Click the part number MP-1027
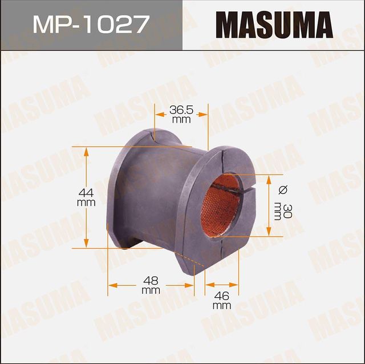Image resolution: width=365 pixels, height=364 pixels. pos(91,25)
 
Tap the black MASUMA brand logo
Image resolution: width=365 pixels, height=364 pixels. pos(273,25)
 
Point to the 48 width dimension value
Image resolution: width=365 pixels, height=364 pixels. pos(151,281)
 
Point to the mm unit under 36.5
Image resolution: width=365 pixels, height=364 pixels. pos(181,120)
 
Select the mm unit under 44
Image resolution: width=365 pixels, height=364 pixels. pos(86,203)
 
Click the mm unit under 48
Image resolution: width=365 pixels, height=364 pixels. pos(151,290)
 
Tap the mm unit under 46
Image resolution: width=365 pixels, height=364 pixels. pos(222,305)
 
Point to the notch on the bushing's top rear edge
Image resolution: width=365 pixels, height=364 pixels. pos(153,136)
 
